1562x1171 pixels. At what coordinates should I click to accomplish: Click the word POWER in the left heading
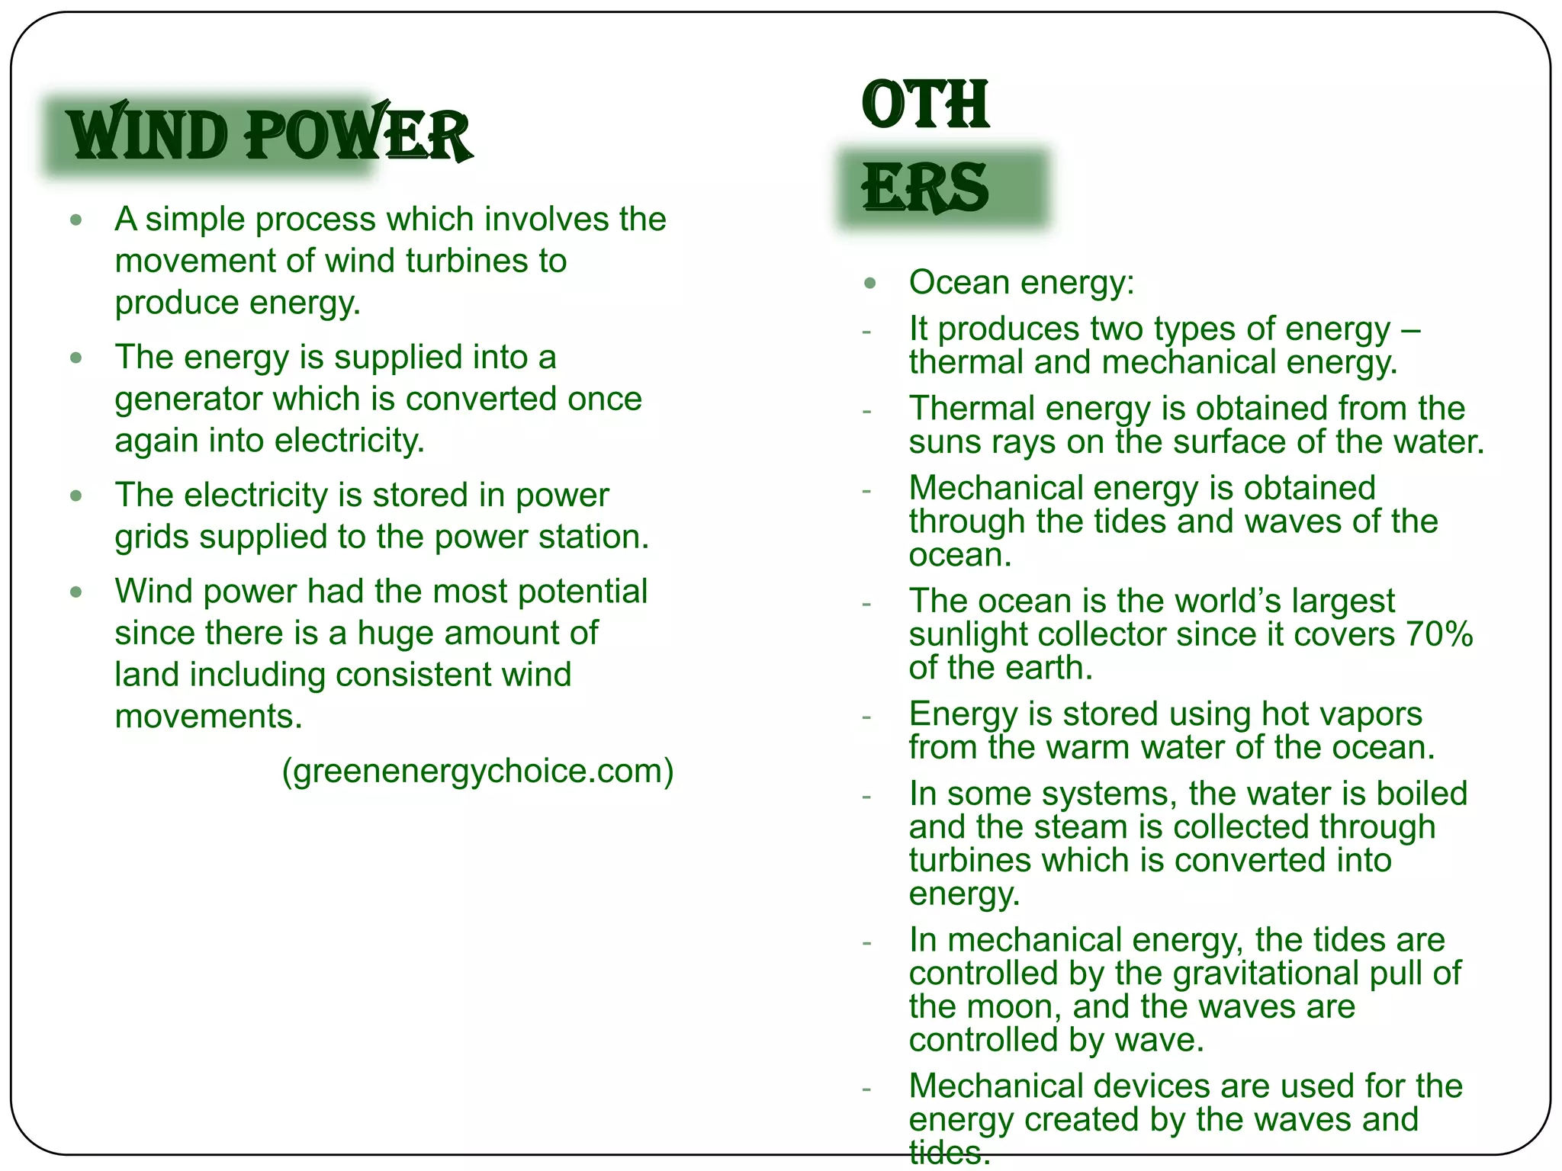[358, 136]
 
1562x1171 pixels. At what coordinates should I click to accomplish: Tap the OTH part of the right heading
[925, 104]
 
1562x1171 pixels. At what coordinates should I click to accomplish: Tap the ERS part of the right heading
[925, 188]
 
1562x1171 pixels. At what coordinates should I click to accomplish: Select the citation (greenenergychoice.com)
[478, 771]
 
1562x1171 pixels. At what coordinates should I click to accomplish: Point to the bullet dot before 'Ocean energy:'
[870, 284]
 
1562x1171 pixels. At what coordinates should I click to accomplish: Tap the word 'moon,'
[1024, 1007]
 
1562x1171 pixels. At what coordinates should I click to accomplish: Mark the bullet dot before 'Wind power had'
[76, 592]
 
